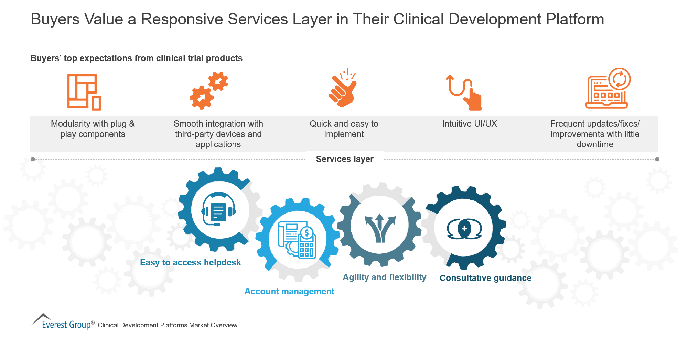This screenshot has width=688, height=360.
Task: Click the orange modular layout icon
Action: pyautogui.click(x=84, y=92)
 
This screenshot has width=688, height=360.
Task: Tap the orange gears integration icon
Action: pyautogui.click(x=208, y=90)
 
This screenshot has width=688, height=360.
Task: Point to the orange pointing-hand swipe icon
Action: pyautogui.click(x=465, y=92)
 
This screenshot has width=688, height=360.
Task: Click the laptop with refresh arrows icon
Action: pyautogui.click(x=608, y=89)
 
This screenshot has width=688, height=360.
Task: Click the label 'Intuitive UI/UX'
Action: pyautogui.click(x=469, y=124)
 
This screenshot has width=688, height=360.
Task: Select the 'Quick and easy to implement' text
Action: pyautogui.click(x=344, y=129)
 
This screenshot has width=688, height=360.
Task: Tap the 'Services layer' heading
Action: pyautogui.click(x=344, y=159)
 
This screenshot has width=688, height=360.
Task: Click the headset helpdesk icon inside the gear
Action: pyautogui.click(x=219, y=209)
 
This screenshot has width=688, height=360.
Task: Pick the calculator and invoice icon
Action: pyautogui.click(x=298, y=240)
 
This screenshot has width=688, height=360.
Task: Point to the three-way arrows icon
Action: pyautogui.click(x=380, y=227)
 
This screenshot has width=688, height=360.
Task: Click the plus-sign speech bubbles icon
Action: pyautogui.click(x=464, y=229)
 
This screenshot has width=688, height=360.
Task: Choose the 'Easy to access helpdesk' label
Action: pyautogui.click(x=190, y=263)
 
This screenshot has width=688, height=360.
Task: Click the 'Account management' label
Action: pyautogui.click(x=289, y=292)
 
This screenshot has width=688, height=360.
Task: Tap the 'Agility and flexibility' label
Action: pyautogui.click(x=384, y=277)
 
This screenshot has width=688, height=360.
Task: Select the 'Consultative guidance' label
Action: pyautogui.click(x=485, y=278)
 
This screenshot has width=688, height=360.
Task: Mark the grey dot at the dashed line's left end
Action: pyautogui.click(x=33, y=159)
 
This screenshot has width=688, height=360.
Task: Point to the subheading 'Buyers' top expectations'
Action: pyautogui.click(x=136, y=58)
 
